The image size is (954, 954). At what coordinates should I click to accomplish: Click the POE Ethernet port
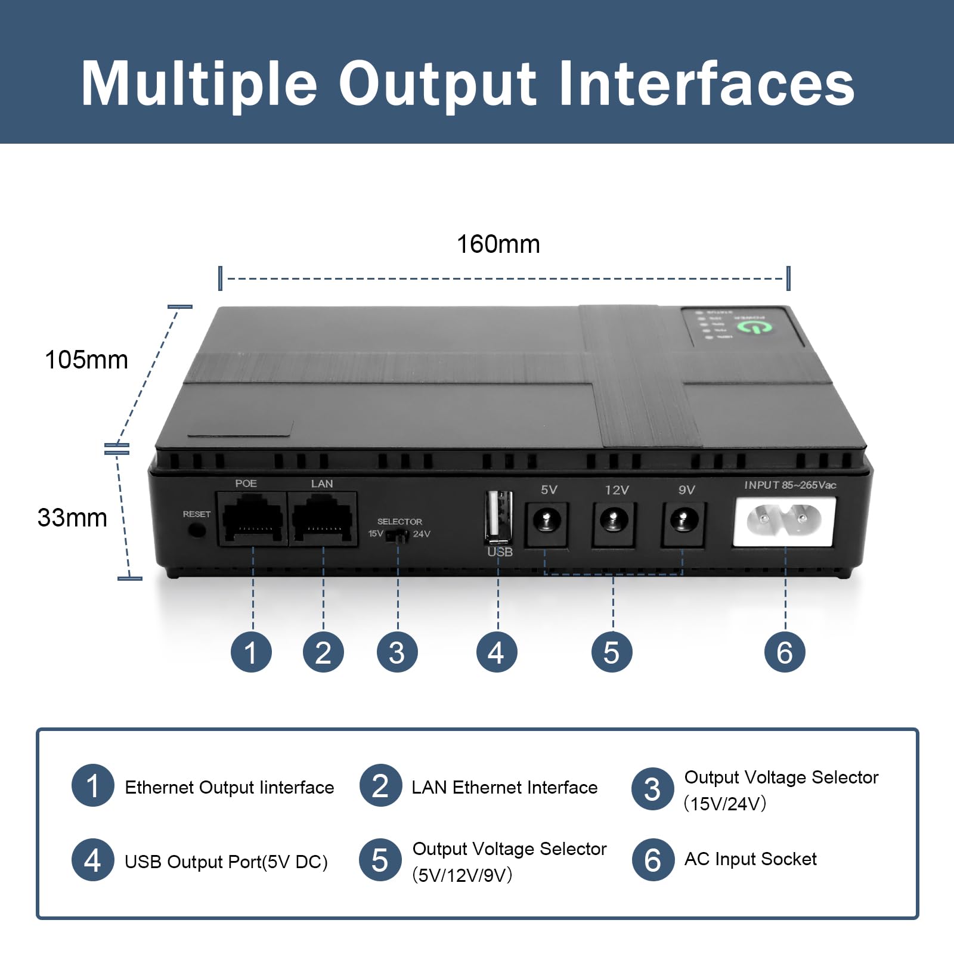pos(252,518)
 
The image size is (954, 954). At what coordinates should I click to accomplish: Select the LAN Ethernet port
pos(323,518)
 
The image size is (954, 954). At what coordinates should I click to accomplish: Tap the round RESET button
pos(196,529)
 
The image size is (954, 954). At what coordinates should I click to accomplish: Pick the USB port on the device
pos(498,516)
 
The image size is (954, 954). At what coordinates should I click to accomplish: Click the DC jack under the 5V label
pos(546,522)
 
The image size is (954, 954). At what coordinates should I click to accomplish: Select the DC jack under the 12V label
pos(614,522)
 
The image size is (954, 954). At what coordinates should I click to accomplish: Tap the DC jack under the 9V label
pos(683,522)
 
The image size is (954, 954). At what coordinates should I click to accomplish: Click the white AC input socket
pos(784,522)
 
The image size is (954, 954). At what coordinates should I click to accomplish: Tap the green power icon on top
pos(754,327)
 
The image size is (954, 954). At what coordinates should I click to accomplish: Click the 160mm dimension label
pos(498,244)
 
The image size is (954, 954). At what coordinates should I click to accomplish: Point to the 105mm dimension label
pos(86,360)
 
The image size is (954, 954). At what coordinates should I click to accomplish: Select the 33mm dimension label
pos(72,518)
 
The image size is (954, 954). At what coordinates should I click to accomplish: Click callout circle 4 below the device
pos(497,652)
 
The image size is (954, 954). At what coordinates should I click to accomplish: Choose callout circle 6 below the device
pos(785,652)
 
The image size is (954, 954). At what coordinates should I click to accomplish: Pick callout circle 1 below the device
pos(251,652)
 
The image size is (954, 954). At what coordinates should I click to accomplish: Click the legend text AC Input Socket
pos(750,859)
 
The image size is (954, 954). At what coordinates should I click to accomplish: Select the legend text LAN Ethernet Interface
pos(504,788)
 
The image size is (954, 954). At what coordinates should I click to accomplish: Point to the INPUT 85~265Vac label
pos(789,485)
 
